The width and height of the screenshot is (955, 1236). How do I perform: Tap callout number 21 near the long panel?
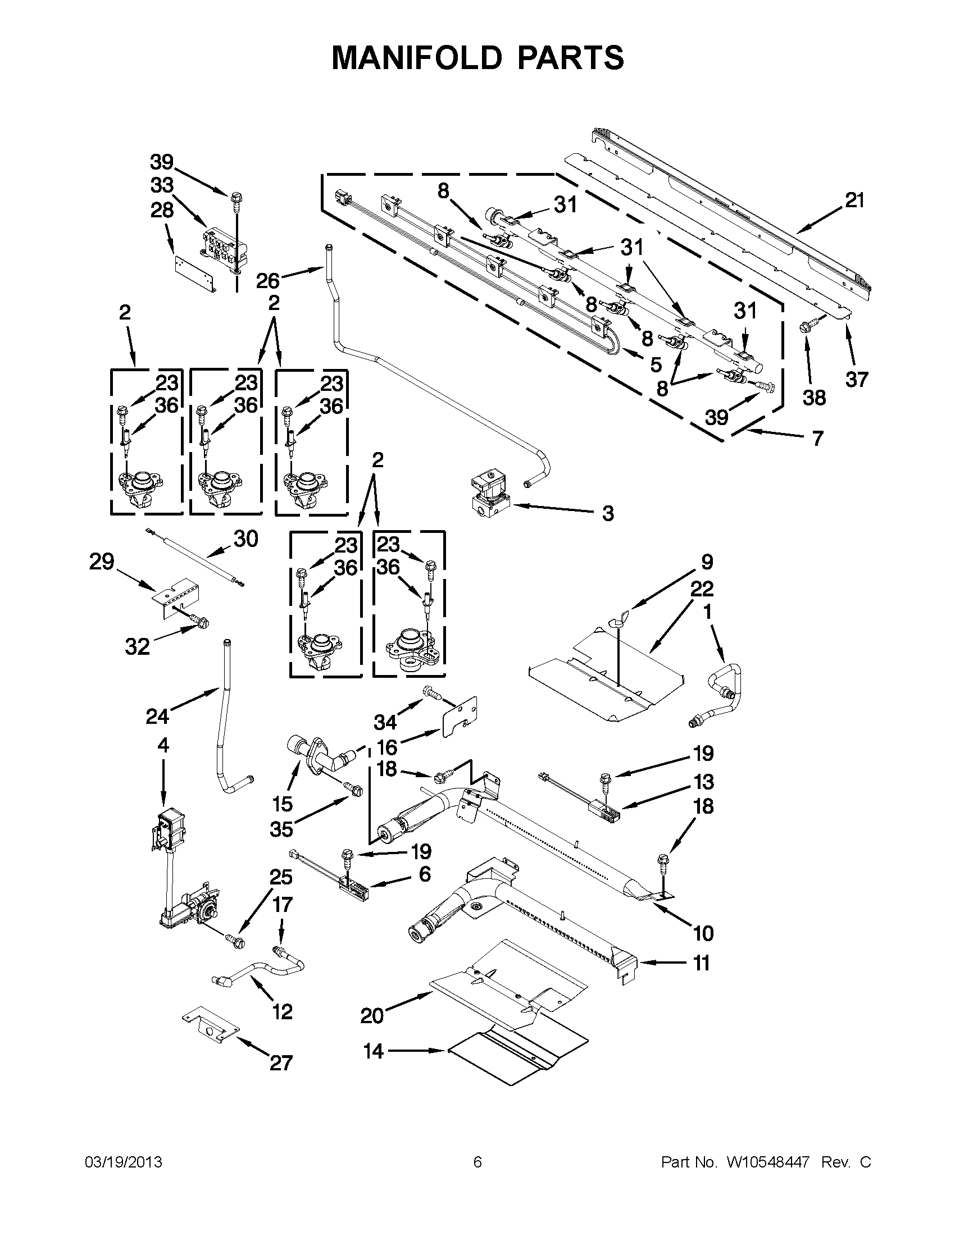point(854,200)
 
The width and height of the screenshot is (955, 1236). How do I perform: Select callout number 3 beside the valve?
point(607,513)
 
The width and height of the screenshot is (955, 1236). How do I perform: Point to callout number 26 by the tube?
point(268,280)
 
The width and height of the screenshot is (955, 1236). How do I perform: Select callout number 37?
point(857,379)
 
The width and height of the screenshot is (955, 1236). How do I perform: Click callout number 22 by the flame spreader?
point(702,589)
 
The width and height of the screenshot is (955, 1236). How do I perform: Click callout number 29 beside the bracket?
point(102,562)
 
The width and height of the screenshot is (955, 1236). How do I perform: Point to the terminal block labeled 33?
point(224,246)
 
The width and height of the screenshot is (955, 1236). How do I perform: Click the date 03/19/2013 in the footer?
point(124,1162)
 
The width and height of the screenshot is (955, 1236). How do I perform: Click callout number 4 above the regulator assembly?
point(163,745)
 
